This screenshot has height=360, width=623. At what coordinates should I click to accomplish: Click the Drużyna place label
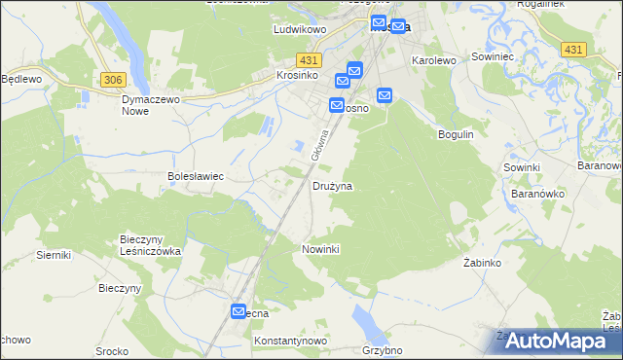click(332, 185)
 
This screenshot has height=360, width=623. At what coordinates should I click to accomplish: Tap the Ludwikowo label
click(297, 30)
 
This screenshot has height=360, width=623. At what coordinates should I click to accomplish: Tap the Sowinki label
click(522, 167)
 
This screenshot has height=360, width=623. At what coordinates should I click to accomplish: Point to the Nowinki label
click(320, 249)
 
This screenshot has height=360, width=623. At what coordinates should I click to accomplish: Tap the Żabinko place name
click(481, 264)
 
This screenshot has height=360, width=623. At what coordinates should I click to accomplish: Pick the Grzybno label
click(382, 350)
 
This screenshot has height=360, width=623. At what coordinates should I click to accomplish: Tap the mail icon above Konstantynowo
click(239, 311)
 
